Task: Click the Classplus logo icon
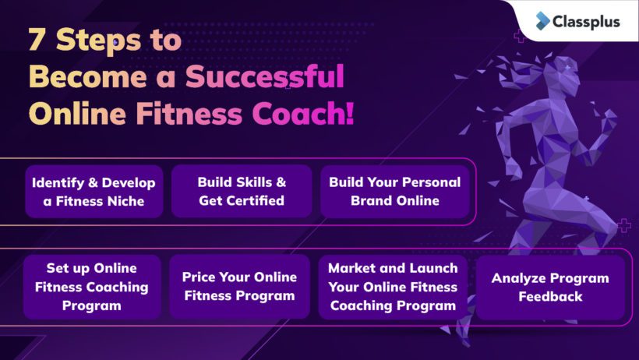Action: click(x=542, y=21)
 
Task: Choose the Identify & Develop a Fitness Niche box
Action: click(x=94, y=192)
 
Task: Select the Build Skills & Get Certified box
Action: click(x=242, y=192)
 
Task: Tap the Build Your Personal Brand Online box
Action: click(x=394, y=192)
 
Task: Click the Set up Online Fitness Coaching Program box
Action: click(x=93, y=287)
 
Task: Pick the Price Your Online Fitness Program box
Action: click(x=239, y=287)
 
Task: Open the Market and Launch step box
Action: click(x=393, y=287)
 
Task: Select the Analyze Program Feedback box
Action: click(x=550, y=287)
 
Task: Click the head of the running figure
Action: click(x=558, y=76)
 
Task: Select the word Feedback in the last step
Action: click(x=550, y=296)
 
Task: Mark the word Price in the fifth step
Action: click(x=200, y=277)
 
